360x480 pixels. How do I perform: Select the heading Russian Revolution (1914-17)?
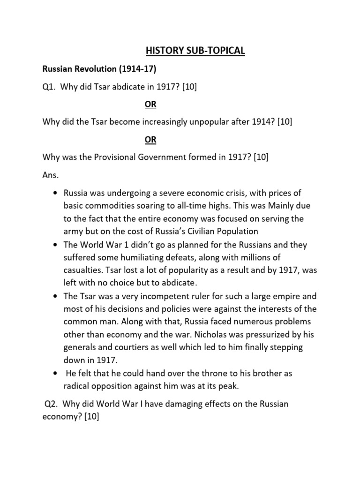pos(99,69)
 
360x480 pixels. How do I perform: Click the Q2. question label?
pos(52,404)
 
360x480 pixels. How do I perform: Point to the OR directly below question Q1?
pos(150,105)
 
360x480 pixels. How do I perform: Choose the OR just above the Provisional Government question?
pos(150,140)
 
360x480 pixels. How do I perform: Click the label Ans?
pos(51,175)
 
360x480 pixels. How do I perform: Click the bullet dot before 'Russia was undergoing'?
pos(56,193)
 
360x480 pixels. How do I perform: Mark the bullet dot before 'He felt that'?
pos(56,373)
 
